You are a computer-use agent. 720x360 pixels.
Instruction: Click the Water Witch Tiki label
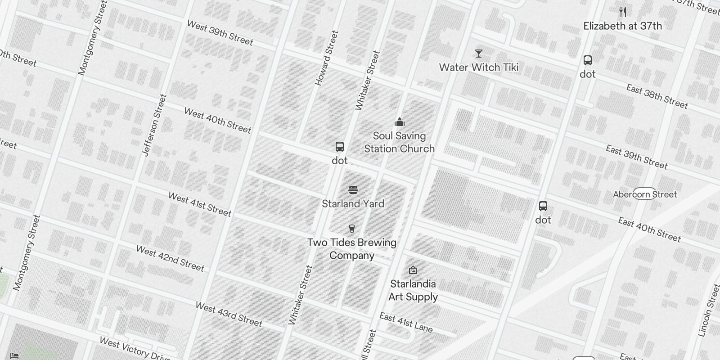tap(479, 67)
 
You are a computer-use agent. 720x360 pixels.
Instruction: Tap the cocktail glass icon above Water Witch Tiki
tap(479, 54)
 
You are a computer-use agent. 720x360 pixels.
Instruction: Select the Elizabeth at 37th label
tap(622, 26)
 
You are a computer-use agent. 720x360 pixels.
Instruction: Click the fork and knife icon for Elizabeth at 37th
tap(623, 12)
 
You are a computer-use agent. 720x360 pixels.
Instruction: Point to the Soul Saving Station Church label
tap(399, 142)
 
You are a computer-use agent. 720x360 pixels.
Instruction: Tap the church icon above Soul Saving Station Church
tap(399, 122)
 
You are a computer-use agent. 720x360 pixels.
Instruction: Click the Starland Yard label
tap(353, 204)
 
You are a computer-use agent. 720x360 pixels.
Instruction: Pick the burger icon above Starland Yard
tap(353, 190)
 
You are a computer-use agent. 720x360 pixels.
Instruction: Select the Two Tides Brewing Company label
tap(352, 249)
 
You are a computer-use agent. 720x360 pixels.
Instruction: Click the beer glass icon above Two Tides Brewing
tap(352, 229)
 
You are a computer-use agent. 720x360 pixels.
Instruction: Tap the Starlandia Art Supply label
tap(413, 290)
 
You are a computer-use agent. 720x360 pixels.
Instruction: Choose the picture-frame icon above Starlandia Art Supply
tap(413, 270)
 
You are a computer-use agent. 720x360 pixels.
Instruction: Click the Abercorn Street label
tap(645, 194)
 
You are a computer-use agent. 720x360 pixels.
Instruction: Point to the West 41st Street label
tap(200, 204)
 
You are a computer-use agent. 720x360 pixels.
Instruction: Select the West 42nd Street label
tap(170, 258)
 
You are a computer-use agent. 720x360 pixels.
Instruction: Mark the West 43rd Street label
tap(229, 314)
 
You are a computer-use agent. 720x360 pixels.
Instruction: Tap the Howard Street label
tap(326, 58)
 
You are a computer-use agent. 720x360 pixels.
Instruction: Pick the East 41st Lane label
tap(406, 323)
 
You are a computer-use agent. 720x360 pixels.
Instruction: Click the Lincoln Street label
tap(709, 310)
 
